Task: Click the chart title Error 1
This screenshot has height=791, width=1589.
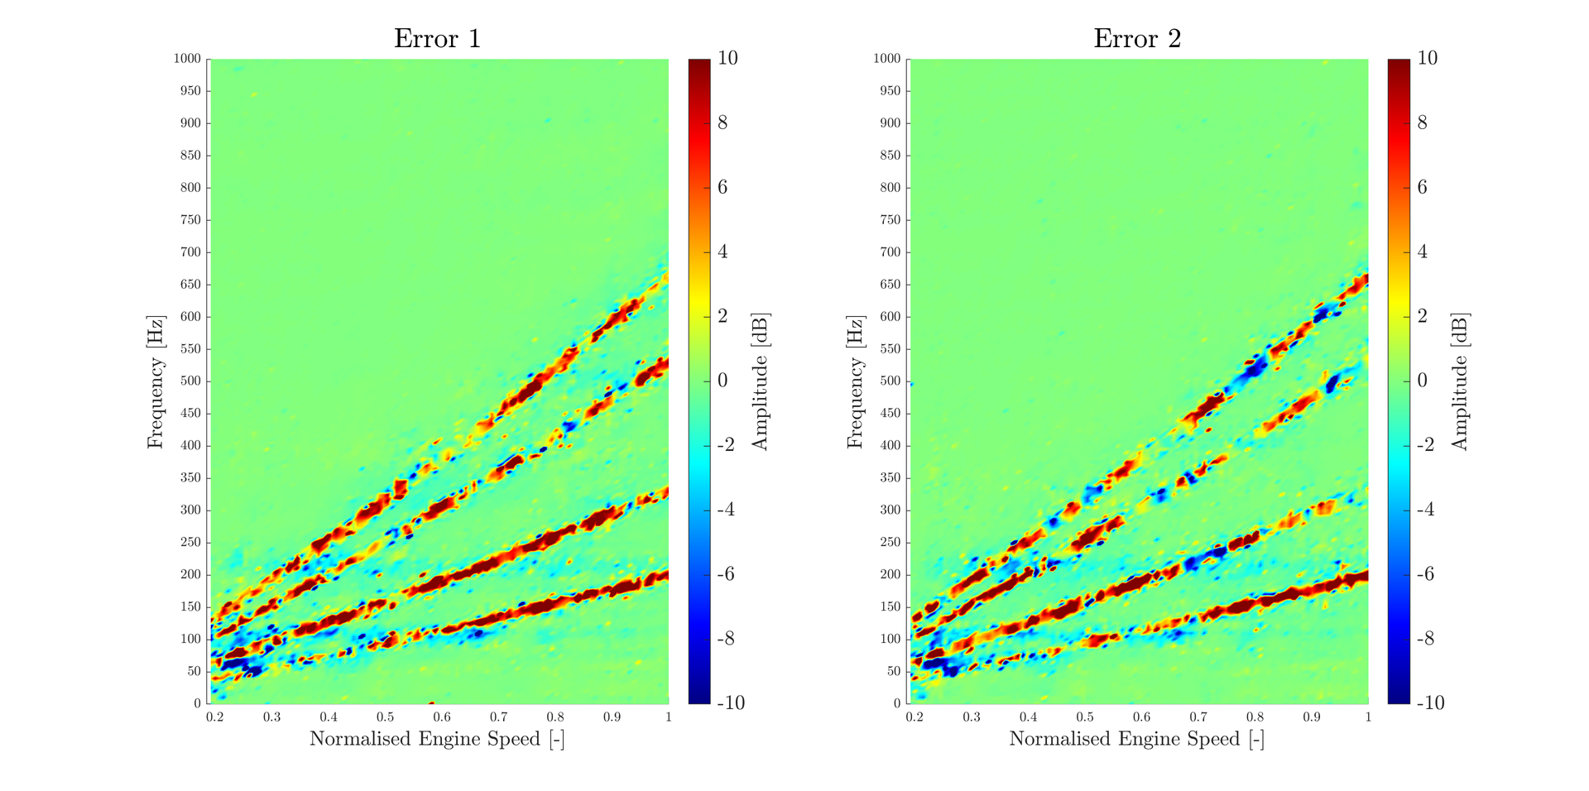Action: (437, 39)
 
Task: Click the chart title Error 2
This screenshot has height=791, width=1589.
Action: (1137, 39)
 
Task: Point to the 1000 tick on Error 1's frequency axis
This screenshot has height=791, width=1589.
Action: (187, 59)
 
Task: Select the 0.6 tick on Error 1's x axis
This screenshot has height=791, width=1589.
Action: (442, 717)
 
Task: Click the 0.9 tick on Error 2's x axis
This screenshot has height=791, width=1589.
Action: (1312, 717)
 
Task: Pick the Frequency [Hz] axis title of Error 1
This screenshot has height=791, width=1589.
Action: (156, 381)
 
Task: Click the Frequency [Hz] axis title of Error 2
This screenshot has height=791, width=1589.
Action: (855, 381)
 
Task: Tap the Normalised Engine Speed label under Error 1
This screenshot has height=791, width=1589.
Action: (437, 739)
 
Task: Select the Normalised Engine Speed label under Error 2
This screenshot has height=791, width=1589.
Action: (1136, 739)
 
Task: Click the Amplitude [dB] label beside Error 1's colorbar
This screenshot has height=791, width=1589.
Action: (760, 381)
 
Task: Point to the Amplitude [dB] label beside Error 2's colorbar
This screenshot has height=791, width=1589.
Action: (1459, 381)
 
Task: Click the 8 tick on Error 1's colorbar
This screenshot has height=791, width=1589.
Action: (722, 123)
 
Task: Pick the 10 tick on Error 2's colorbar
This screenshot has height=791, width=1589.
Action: (1428, 58)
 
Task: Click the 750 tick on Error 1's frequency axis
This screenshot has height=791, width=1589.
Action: (190, 220)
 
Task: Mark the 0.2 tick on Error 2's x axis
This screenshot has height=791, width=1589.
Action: (915, 717)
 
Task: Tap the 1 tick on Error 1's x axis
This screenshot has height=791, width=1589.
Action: (668, 717)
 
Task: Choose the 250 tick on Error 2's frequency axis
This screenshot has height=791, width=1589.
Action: (890, 543)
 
